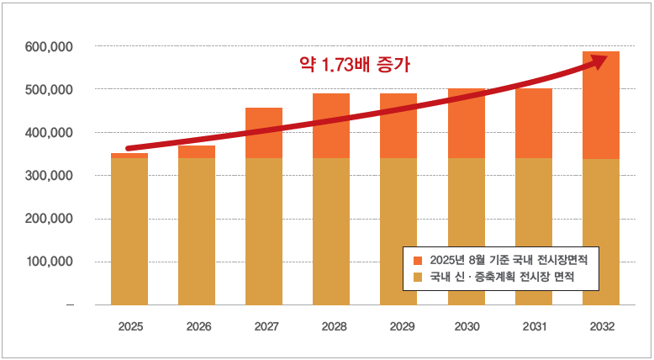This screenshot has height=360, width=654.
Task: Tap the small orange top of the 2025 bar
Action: point(129,156)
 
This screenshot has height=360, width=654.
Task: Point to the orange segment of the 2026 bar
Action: point(197,152)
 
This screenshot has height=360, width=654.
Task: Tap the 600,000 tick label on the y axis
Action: point(50,46)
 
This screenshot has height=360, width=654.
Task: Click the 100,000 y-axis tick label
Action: point(50,262)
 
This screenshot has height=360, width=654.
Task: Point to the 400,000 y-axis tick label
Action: point(50,133)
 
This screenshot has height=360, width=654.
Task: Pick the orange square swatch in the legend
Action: point(419,259)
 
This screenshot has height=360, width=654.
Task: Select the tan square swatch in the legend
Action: point(419,276)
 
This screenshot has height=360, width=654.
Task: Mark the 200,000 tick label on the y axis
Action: point(50,219)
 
